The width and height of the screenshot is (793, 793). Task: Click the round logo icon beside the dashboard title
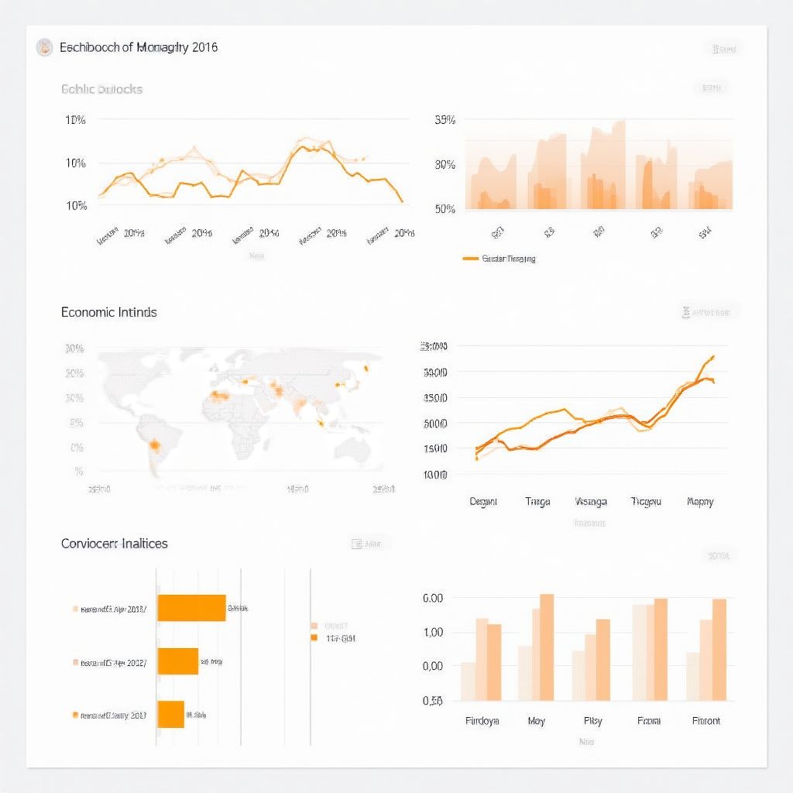pos(45,47)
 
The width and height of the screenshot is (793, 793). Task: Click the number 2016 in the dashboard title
pos(203,47)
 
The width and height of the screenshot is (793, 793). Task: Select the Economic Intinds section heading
pos(109,312)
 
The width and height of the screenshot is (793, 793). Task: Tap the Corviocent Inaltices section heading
pos(115,544)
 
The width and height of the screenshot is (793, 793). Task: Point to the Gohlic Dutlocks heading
pos(101,89)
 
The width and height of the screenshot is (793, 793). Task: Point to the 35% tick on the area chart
pos(445,120)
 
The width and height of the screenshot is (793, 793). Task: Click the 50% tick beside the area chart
pos(445,208)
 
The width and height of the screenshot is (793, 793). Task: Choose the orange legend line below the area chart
pos(470,259)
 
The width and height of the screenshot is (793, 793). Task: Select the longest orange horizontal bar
pos(191,608)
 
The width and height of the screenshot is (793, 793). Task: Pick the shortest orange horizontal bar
pos(170,714)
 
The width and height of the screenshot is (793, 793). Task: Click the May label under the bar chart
pos(536,721)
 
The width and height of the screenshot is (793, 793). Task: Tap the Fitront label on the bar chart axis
pos(705,721)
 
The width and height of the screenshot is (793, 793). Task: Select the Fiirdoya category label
pos(482,721)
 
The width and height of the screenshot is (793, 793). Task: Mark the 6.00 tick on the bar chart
pos(432,599)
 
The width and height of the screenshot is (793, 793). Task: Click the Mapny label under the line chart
pos(700,502)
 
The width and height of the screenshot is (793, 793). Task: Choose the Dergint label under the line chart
pos(483,502)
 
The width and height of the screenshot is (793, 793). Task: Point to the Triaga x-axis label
pos(537,502)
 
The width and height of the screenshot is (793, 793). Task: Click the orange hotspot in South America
pos(155,445)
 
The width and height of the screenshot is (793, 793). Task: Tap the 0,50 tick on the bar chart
pos(432,701)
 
